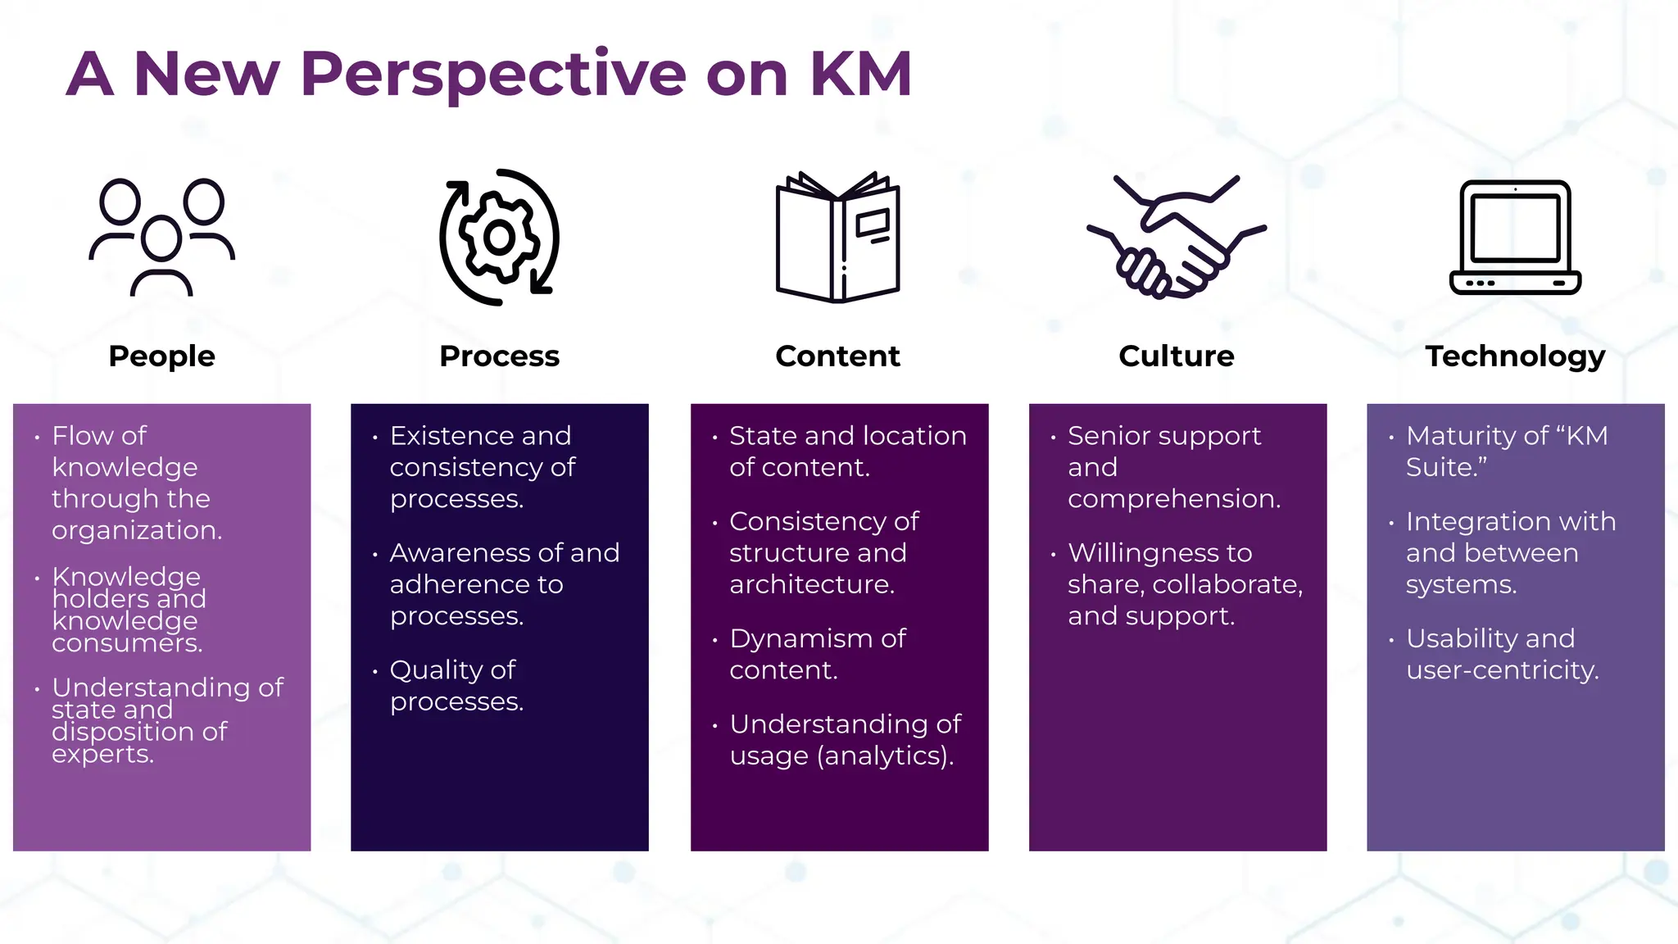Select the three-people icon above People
click(162, 236)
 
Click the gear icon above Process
click(499, 238)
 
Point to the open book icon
click(837, 238)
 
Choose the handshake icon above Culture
click(1177, 236)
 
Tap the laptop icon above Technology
click(1515, 236)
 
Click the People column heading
click(162, 356)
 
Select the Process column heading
click(499, 356)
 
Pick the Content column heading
click(837, 356)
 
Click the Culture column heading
click(1177, 356)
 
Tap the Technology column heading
click(1515, 356)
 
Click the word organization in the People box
click(136, 531)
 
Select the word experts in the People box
click(102, 754)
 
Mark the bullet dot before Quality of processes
click(374, 672)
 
